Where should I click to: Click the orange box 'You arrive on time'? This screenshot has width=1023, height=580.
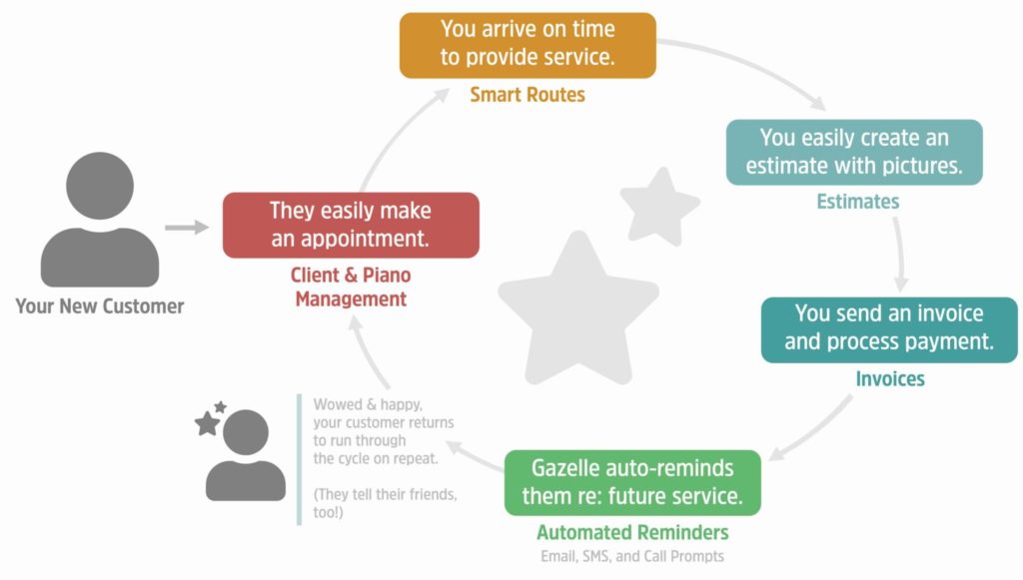click(527, 45)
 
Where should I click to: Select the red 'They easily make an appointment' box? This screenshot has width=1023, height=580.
click(351, 225)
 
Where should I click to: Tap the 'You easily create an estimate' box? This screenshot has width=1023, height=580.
click(854, 152)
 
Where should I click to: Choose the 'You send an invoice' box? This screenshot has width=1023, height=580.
click(889, 329)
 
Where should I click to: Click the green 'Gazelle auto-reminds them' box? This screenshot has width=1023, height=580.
click(632, 482)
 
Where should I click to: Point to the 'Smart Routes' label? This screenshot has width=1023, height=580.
click(527, 95)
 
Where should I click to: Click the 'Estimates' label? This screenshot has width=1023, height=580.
click(858, 202)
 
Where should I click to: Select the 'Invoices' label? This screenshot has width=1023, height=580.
click(890, 378)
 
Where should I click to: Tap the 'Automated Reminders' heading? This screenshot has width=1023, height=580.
click(632, 532)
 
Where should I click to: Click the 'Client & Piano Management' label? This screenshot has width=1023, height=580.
click(351, 287)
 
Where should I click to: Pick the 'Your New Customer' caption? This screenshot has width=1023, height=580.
click(100, 306)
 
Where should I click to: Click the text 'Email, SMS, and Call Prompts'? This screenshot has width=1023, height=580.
click(632, 556)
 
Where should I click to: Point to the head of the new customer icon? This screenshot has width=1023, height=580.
click(100, 186)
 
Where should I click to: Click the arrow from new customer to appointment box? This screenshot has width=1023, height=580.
click(187, 228)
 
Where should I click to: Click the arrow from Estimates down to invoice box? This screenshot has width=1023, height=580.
click(901, 255)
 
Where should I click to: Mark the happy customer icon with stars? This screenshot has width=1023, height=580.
click(241, 451)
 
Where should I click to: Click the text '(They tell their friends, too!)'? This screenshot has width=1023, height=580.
click(385, 503)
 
